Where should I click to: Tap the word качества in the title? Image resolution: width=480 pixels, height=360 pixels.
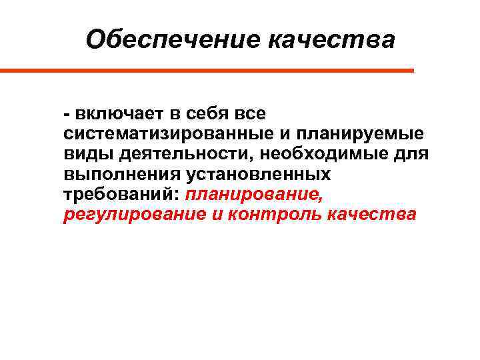pyautogui.click(x=331, y=40)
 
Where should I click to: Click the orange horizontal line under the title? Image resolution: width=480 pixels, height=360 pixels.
pyautogui.click(x=207, y=70)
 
